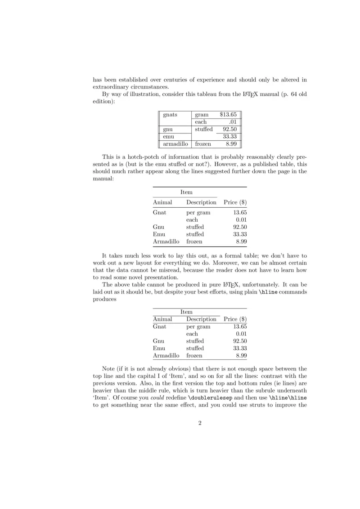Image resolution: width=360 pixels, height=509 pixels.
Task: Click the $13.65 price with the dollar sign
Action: pos(228,115)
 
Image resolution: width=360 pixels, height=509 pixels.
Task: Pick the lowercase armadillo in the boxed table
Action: pos(175,144)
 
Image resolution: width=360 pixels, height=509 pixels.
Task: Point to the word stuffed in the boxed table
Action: pos(204,129)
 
